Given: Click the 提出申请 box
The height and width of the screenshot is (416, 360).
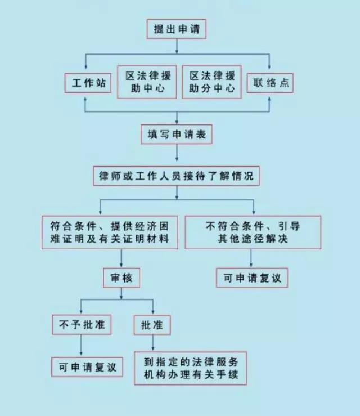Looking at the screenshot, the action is (178, 29).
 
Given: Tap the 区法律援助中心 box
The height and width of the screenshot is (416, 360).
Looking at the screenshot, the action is (147, 82).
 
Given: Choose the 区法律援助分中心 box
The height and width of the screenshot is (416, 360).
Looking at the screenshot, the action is (211, 82).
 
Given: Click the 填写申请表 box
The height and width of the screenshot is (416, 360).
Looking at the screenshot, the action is (178, 135).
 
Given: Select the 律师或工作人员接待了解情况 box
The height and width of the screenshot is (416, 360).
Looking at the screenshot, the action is (177, 176).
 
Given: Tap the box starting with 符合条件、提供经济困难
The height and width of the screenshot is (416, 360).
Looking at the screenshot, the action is (106, 231).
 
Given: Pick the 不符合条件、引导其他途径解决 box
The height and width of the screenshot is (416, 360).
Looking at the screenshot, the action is (251, 231).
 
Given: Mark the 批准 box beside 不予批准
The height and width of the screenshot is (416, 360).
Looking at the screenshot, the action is (152, 325).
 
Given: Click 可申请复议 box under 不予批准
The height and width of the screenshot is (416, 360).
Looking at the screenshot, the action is (87, 366).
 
